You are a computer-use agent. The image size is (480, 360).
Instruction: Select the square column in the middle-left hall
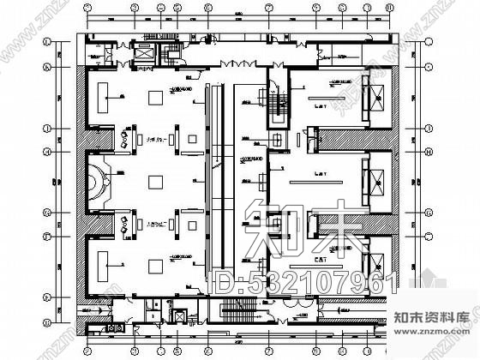coord(156,182)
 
